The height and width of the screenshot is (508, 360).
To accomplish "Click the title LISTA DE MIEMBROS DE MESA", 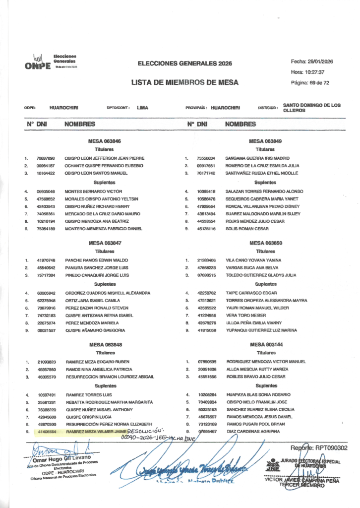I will click(x=185, y=82).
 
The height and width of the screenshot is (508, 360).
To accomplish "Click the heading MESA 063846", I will click(x=105, y=141).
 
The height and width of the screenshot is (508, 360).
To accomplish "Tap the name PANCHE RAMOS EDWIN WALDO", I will click(x=96, y=260).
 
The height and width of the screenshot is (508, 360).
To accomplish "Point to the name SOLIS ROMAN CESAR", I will click(x=244, y=229).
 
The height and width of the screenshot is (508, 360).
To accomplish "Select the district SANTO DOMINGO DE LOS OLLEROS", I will click(x=312, y=108).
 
